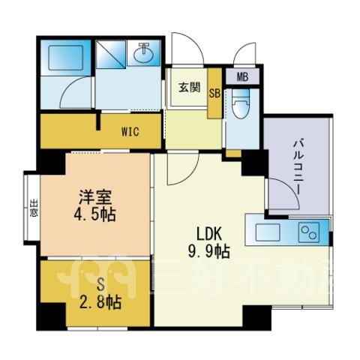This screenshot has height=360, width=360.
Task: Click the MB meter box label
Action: tap(242, 77)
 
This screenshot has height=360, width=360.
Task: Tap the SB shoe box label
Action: tap(214, 94)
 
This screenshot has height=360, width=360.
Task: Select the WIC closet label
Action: tap(130, 131)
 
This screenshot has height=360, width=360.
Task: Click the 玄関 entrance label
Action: tap(190, 88)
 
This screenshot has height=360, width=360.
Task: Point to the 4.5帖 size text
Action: tap(94, 214)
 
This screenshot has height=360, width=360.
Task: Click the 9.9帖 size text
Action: tap(209, 251)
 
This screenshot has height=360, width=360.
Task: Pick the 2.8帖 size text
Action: tap(100, 302)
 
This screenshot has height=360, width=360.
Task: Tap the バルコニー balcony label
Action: tap(298, 167)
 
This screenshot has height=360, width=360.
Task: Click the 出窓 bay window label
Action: tap(34, 208)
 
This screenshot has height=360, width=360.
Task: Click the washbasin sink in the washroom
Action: tap(143, 53)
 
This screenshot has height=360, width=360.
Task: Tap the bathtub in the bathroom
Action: tap(65, 58)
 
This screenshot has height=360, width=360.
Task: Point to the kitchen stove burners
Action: tap(310, 231)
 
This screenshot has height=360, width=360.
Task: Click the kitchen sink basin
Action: tap(268, 232)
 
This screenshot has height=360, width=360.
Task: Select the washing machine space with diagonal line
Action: tap(110, 54)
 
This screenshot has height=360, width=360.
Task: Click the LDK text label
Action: tap(209, 235)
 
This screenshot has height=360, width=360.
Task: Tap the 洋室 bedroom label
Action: tap(95, 197)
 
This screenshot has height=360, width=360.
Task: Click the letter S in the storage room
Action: tap(100, 284)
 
